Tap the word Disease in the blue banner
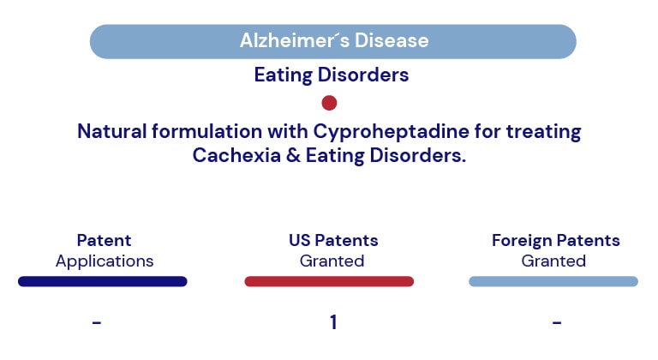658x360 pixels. pyautogui.click(x=392, y=41)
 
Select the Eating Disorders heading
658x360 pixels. pyautogui.click(x=332, y=75)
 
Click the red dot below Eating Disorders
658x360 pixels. pyautogui.click(x=329, y=103)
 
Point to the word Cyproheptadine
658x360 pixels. pyautogui.click(x=391, y=132)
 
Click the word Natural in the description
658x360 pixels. pyautogui.click(x=111, y=131)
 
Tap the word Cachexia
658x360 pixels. pyautogui.click(x=236, y=155)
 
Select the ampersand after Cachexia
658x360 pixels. pyautogui.click(x=293, y=155)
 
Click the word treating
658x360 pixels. pyautogui.click(x=543, y=132)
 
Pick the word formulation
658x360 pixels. pyautogui.click(x=206, y=131)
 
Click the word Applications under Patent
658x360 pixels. pyautogui.click(x=105, y=262)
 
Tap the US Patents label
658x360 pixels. pyautogui.click(x=333, y=240)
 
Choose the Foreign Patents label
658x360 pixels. pyautogui.click(x=555, y=241)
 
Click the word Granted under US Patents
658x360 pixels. pyautogui.click(x=332, y=261)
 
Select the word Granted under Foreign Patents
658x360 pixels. pyautogui.click(x=553, y=261)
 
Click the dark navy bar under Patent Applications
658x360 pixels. pyautogui.click(x=103, y=281)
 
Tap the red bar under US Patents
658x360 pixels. pyautogui.click(x=329, y=281)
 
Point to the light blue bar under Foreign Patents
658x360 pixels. pyautogui.click(x=553, y=281)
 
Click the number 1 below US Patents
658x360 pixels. pyautogui.click(x=333, y=322)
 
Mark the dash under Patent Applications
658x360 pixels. pyautogui.click(x=97, y=322)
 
